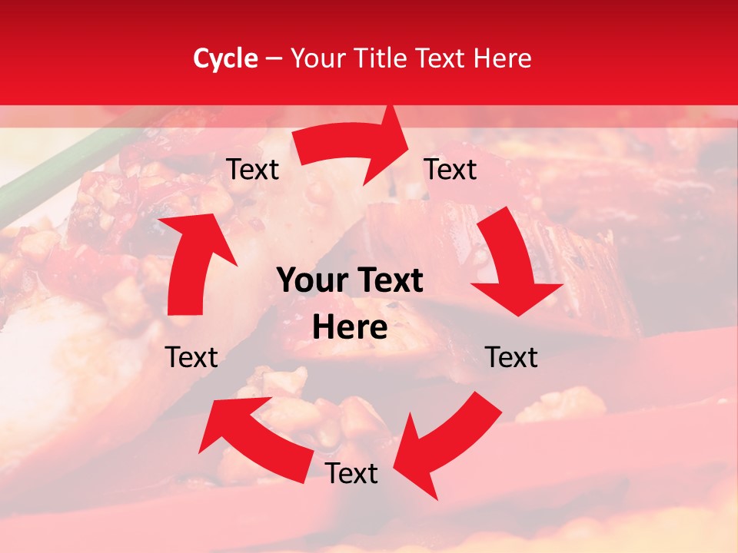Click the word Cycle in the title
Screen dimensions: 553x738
point(225,58)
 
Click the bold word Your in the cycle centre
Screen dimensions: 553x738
point(311,281)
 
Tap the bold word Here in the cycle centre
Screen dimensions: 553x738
point(349,328)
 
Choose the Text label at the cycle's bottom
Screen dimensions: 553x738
point(351,473)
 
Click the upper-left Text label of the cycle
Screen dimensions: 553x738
point(253,170)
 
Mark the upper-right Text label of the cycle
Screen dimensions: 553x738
point(450,169)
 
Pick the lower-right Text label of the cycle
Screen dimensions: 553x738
point(511,357)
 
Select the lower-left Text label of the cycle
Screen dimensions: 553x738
point(191,357)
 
